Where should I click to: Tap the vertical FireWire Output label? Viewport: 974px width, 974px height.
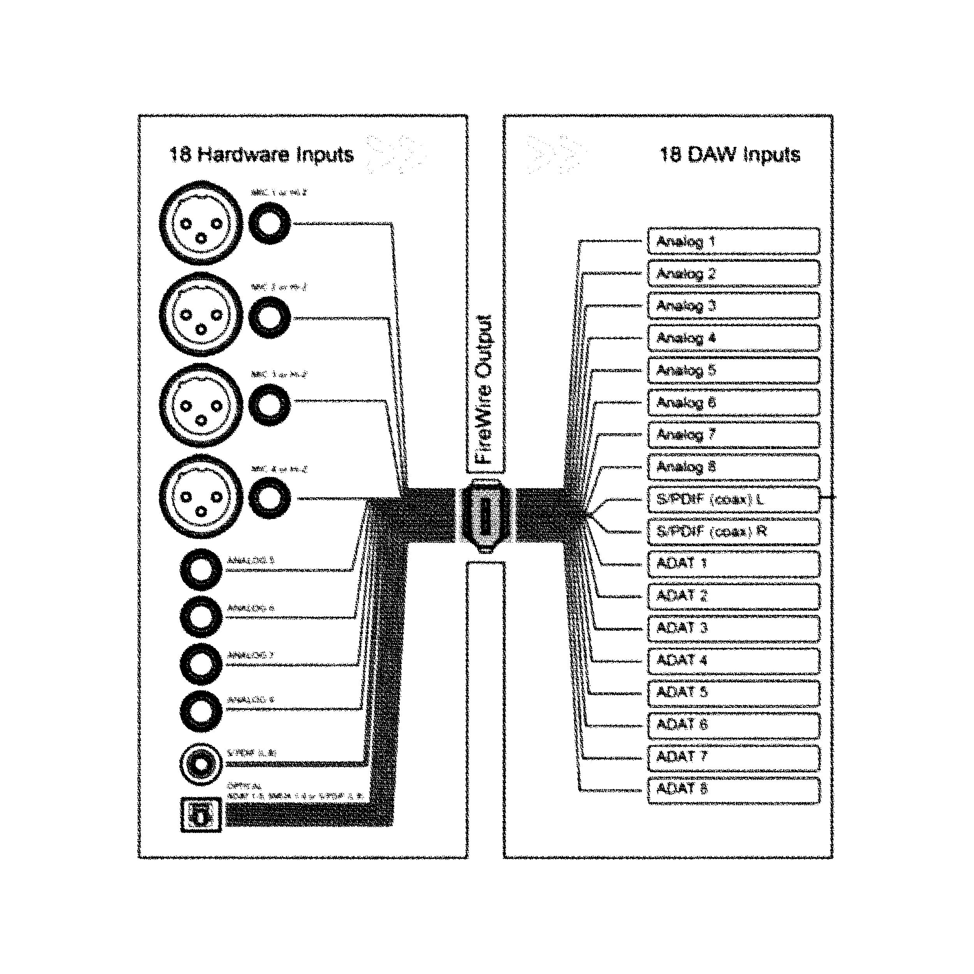[x=484, y=389]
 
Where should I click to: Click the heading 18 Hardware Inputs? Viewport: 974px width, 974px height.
[x=261, y=154]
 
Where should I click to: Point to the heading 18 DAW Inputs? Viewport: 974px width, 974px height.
[x=729, y=154]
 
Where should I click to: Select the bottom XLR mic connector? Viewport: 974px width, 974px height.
[x=201, y=497]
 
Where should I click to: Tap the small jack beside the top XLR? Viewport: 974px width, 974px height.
[x=270, y=223]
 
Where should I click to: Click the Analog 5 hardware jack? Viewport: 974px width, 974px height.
[x=201, y=569]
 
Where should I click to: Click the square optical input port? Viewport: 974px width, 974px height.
[x=201, y=815]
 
